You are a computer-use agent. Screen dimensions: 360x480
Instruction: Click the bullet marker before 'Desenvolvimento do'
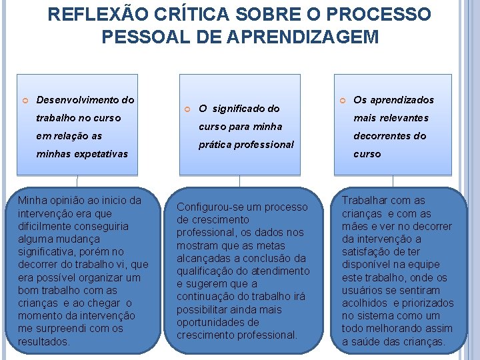24,101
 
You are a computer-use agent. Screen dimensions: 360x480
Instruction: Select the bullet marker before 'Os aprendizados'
343,101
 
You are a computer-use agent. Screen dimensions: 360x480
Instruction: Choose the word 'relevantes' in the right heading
403,118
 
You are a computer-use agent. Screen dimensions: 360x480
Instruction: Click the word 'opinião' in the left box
66,201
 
